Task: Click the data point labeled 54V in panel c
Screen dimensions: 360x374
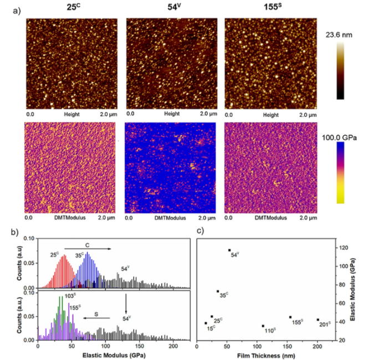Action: (229, 250)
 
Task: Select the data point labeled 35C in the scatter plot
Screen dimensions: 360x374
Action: (218, 291)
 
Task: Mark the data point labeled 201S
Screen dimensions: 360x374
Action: (317, 320)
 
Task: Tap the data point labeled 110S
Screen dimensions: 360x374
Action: (263, 326)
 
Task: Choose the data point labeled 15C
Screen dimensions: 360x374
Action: (206, 323)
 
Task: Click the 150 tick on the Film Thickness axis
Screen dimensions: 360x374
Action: (288, 344)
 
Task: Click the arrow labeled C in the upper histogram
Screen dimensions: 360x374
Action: (87, 249)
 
